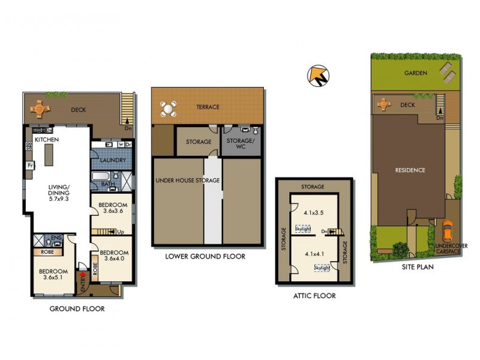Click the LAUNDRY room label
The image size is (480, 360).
pyautogui.click(x=113, y=160)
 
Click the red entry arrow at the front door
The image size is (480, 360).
pyautogui.click(x=83, y=277)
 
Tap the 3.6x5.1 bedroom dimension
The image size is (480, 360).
pyautogui.click(x=55, y=278)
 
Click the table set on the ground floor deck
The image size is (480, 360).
pyautogui.click(x=39, y=109)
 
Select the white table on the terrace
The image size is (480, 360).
pyautogui.click(x=169, y=109)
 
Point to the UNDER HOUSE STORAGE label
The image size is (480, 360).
pyautogui.click(x=188, y=180)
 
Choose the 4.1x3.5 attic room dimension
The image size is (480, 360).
pyautogui.click(x=313, y=212)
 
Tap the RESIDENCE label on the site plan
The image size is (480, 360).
pyautogui.click(x=410, y=170)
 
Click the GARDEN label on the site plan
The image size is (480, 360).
pyautogui.click(x=415, y=73)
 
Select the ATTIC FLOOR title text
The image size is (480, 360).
pyautogui.click(x=314, y=296)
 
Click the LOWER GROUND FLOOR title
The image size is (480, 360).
pyautogui.click(x=206, y=256)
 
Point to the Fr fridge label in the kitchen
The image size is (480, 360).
pyautogui.click(x=28, y=165)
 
